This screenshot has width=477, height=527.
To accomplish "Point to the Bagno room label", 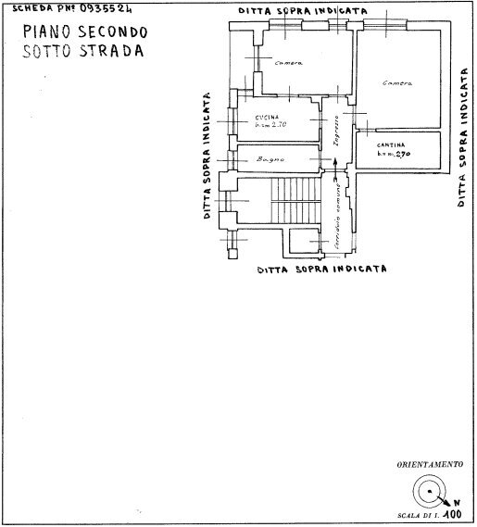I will tap(270, 160).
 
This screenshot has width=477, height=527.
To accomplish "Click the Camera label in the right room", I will tap(396, 83).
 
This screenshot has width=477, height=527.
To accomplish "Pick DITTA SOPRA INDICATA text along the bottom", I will tap(320, 270).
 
